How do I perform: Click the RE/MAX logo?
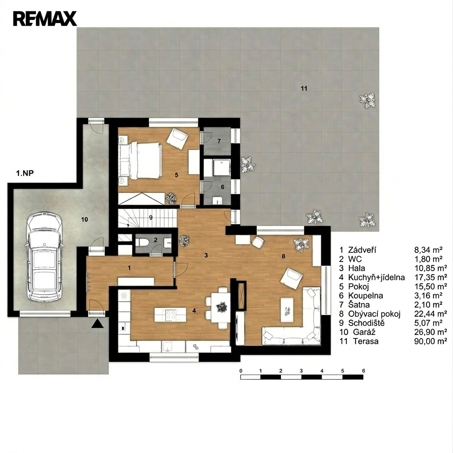point(45,19)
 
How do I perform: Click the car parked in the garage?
point(45,257)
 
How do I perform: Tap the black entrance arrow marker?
point(97,323)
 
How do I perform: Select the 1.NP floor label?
point(25,173)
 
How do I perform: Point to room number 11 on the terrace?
point(303,88)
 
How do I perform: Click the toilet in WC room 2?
point(142,242)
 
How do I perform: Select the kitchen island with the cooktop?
point(170,315)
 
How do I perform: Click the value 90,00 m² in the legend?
point(430,341)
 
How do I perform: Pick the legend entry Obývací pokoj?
point(374,314)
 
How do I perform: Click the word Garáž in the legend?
point(364,332)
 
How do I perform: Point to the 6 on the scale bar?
point(364,371)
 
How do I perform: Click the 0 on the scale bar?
point(241,371)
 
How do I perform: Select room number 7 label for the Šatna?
point(219,141)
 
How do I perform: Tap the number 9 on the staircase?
point(150,218)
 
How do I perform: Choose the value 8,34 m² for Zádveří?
point(428,250)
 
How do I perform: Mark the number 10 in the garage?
point(84,219)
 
